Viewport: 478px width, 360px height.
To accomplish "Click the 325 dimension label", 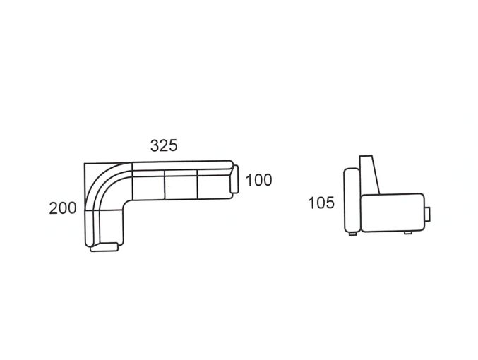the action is click(164, 145).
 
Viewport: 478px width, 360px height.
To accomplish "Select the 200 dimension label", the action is click(63, 208).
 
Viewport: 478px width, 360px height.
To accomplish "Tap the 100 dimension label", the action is click(258, 180).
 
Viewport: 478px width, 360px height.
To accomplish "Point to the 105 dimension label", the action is click(321, 203).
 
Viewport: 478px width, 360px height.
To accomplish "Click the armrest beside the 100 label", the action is click(234, 179).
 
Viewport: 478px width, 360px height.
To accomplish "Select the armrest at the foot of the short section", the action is click(104, 247).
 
